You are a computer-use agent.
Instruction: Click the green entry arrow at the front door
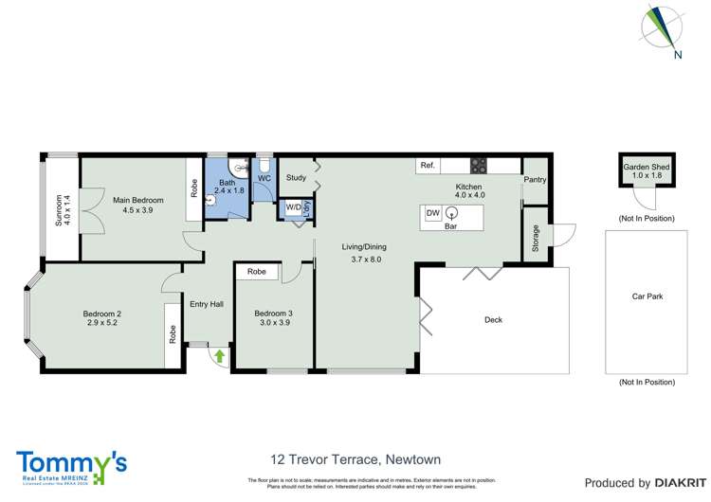coord(220,357)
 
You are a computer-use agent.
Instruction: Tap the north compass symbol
coord(665,28)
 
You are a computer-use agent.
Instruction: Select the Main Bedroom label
coord(138,206)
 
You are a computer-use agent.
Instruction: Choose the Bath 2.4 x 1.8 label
coord(227,187)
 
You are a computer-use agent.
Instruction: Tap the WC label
coord(265,178)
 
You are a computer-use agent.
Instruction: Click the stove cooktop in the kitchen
coord(480,165)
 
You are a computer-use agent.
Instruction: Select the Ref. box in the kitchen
coord(428,166)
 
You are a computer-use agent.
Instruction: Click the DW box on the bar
coord(432,212)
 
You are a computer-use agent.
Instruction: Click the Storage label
coord(535,235)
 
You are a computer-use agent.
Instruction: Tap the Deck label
coord(493,320)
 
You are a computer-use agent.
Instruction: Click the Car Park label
coord(647,297)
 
